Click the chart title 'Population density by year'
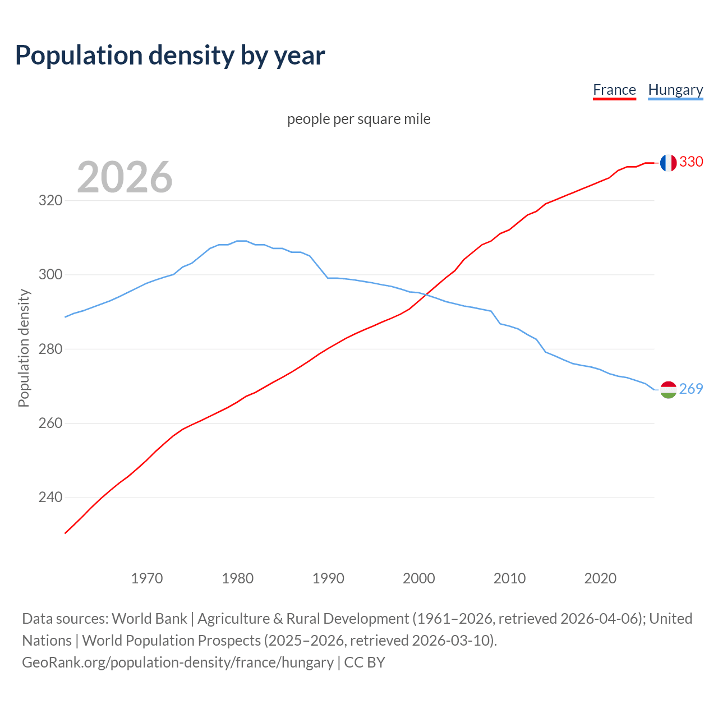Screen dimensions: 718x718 pos(170,56)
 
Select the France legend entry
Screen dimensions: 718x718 pos(614,90)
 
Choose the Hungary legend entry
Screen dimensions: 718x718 pos(675,90)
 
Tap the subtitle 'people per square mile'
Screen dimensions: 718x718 pos(359,119)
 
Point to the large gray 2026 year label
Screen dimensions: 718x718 pos(125,177)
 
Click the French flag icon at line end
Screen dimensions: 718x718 pos(668,163)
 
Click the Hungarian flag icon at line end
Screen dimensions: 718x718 pos(668,389)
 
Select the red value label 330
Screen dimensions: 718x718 pos(691,162)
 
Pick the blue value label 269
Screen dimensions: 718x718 pos(691,389)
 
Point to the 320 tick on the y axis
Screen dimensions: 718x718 pos(50,200)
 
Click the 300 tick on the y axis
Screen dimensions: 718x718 pos(50,275)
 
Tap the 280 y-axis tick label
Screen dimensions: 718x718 pos(50,349)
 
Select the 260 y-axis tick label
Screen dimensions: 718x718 pos(50,423)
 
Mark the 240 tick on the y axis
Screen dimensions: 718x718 pos(50,498)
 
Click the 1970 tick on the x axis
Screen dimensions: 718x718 pos(147,578)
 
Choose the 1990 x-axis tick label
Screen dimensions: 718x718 pos(328,578)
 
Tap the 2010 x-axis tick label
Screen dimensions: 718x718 pos(509,578)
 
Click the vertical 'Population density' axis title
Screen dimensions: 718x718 pos(24,348)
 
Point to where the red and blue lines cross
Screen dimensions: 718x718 pos(426,294)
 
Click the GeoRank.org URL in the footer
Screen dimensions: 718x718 pos(178,662)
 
